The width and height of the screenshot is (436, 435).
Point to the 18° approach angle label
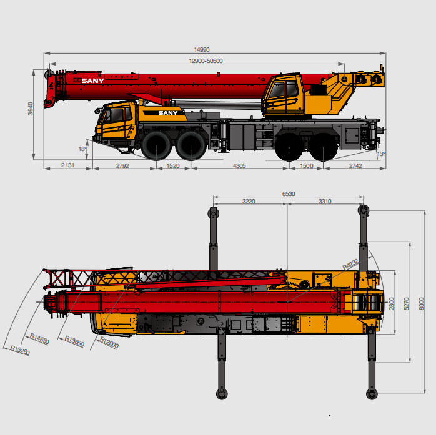pyautogui.click(x=82, y=149)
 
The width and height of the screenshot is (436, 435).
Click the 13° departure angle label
pyautogui.click(x=380, y=154)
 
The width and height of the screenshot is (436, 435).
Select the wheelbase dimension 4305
pyautogui.click(x=240, y=165)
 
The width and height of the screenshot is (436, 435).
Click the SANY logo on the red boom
pyautogui.click(x=93, y=81)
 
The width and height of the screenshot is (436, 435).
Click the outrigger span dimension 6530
pyautogui.click(x=288, y=194)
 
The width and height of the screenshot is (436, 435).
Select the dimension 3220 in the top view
pyautogui.click(x=249, y=202)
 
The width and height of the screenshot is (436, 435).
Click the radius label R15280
pyautogui.click(x=20, y=350)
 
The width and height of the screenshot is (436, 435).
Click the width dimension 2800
pyautogui.click(x=392, y=304)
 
